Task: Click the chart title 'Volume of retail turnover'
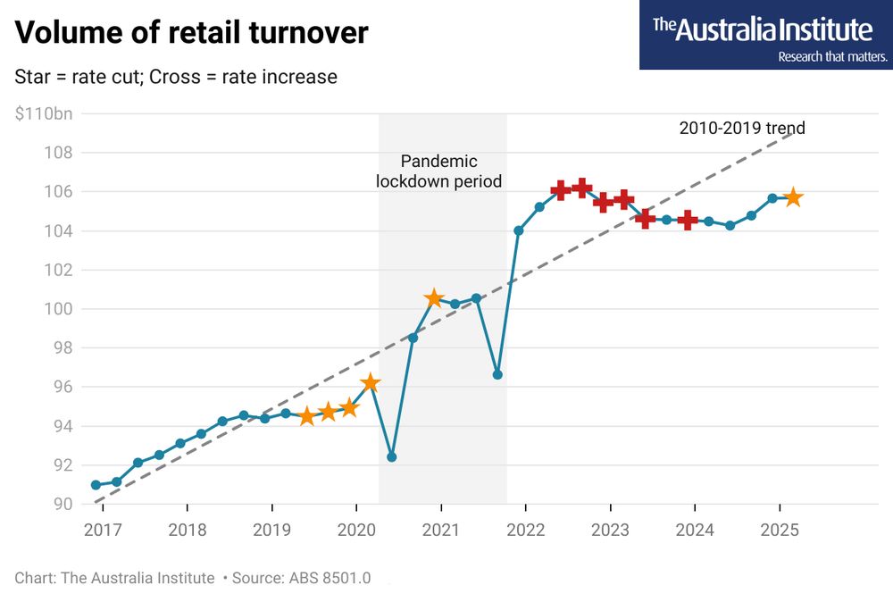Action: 191,33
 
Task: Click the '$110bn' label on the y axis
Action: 44,113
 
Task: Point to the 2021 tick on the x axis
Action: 440,529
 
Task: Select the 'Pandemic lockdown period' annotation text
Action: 438,171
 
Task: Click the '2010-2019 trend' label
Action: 742,128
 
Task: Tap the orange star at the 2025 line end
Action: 793,197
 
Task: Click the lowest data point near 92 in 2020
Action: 391,456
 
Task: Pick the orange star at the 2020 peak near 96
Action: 370,383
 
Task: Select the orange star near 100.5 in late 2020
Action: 434,298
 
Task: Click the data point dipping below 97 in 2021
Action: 497,374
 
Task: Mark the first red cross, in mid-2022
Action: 561,189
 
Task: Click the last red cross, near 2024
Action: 688,220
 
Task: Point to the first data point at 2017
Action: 96,485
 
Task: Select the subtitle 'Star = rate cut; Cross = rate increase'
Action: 176,77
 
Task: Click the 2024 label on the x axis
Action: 695,529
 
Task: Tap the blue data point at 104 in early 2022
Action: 519,230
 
